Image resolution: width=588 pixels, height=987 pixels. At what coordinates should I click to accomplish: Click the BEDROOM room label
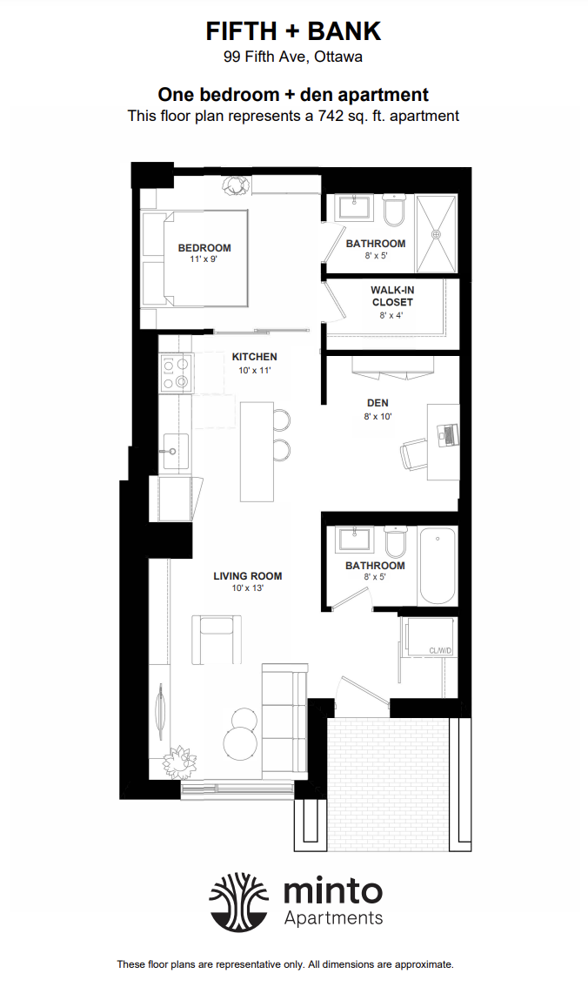(x=204, y=248)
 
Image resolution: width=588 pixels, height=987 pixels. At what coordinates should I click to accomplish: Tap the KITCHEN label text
(x=254, y=356)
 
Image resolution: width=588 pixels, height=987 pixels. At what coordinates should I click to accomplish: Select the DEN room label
(x=378, y=403)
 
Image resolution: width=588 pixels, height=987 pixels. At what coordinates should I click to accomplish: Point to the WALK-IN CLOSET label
(x=392, y=296)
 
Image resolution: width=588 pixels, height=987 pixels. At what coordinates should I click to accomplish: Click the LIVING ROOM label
(x=248, y=576)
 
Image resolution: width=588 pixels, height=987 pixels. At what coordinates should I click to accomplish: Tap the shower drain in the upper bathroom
(x=435, y=233)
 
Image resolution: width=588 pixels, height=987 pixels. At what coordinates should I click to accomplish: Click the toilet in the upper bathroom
(x=395, y=211)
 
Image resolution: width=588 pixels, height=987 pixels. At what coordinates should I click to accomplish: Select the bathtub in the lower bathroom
(x=438, y=566)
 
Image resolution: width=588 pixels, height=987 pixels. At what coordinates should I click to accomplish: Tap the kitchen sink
(x=176, y=452)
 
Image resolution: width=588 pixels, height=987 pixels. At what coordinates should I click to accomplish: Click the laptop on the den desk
(x=448, y=433)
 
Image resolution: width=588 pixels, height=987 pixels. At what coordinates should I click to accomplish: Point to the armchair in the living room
(x=217, y=639)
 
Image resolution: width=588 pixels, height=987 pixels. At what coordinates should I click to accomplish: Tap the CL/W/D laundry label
(x=441, y=650)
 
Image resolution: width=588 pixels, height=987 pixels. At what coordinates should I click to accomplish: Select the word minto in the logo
(x=332, y=890)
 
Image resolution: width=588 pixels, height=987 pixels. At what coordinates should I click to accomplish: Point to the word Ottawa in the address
(x=338, y=57)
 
